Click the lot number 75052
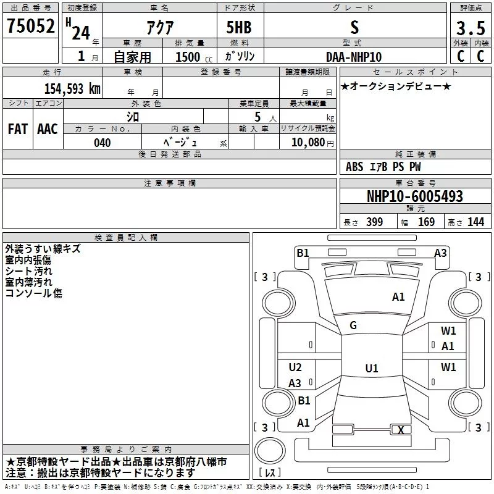coord(30,26)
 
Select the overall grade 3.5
coord(471,28)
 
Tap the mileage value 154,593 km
coord(72,88)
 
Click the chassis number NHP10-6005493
coord(415,196)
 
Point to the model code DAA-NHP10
coord(354,57)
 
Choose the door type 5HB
coord(239,27)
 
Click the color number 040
coord(103,143)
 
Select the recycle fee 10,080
coord(308,142)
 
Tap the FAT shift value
coord(18,129)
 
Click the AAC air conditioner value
coord(48,129)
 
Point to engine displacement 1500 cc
coord(194,57)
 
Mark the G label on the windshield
coord(353,325)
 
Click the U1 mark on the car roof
coord(372,368)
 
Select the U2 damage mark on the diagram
coord(295,367)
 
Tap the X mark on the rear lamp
coord(401,430)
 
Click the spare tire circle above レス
coord(270,451)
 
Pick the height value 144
coord(475,222)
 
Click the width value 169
coord(426,222)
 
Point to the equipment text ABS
coord(354,167)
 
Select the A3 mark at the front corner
coord(440,253)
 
